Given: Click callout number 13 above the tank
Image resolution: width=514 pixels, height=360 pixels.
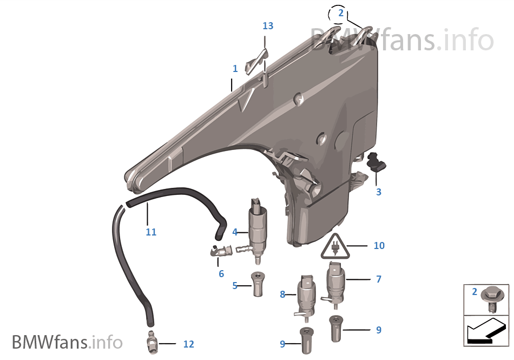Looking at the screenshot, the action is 268,25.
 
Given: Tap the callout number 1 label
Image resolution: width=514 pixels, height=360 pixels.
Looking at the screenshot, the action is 235,68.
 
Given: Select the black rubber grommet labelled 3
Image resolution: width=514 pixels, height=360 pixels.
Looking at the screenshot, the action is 377,161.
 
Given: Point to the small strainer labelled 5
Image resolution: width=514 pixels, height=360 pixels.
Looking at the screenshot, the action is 258,284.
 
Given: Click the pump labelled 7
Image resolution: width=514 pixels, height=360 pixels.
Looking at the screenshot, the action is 335,284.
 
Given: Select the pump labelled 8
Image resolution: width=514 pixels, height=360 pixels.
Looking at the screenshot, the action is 306,297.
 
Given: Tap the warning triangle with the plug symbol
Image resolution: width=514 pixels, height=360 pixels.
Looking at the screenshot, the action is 335,246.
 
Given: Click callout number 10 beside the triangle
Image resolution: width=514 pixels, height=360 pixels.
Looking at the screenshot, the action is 379,246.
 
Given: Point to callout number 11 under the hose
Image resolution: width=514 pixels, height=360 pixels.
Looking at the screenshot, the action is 151,232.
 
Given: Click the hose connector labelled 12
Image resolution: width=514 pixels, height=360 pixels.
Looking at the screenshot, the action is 152,343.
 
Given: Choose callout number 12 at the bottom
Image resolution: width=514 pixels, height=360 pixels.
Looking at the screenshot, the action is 188,344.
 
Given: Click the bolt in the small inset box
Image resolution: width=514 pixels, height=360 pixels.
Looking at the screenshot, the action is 491,298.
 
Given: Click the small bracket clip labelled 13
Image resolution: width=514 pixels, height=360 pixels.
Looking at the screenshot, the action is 257,62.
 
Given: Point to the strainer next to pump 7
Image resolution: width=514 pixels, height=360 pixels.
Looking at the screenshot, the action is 335,329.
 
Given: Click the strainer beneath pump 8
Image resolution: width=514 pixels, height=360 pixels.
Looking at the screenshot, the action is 306,341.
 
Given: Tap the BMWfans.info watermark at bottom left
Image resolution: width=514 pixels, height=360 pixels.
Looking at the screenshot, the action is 67,342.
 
